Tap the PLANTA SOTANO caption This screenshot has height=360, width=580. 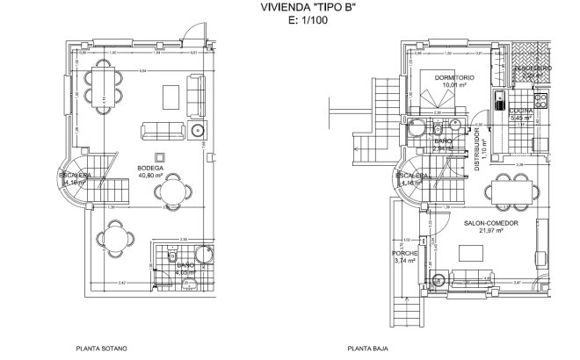(x=102, y=348)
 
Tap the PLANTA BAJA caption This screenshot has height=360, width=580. (x=366, y=348)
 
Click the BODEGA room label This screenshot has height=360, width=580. (x=149, y=167)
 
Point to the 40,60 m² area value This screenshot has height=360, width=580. (x=149, y=175)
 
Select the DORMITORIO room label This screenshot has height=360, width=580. (x=454, y=78)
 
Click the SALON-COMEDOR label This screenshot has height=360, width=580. (x=490, y=223)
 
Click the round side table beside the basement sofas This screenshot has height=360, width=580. (x=196, y=133)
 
